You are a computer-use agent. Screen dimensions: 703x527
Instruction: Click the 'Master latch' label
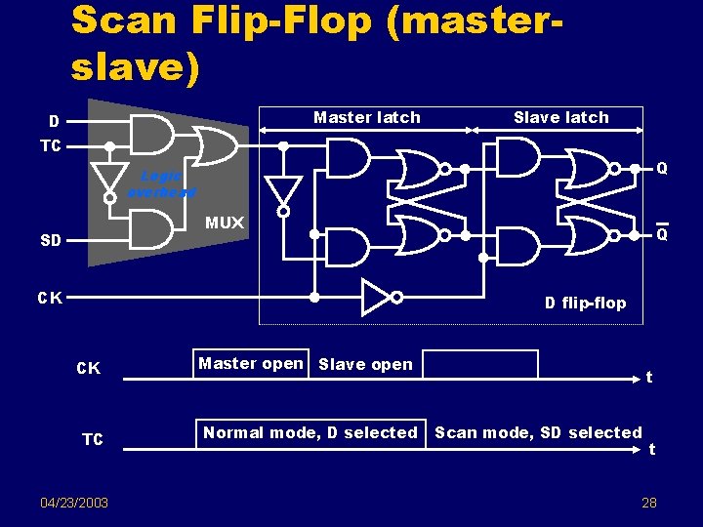pyautogui.click(x=366, y=117)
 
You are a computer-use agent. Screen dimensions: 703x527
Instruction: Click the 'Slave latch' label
pyautogui.click(x=560, y=117)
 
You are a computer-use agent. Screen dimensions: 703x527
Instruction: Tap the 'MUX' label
pyautogui.click(x=225, y=223)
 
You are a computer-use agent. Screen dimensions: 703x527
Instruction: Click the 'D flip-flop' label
pyautogui.click(x=585, y=303)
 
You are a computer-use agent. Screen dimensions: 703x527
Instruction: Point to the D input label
pyautogui.click(x=55, y=122)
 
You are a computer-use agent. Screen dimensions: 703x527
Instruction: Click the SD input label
pyautogui.click(x=51, y=240)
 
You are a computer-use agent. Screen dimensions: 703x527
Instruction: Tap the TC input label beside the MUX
pyautogui.click(x=51, y=146)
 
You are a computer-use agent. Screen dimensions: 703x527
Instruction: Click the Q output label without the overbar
pyautogui.click(x=662, y=169)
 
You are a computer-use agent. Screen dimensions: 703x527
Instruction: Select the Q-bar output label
pyautogui.click(x=662, y=234)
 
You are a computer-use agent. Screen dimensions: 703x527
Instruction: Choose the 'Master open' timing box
pyautogui.click(x=251, y=363)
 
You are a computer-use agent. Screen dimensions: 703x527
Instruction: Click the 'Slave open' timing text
pyautogui.click(x=366, y=364)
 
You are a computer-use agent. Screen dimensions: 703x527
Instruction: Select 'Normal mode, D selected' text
pyautogui.click(x=310, y=432)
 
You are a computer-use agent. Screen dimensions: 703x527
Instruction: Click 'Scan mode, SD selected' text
pyautogui.click(x=538, y=432)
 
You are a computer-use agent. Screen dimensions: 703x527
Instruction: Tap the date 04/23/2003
pyautogui.click(x=74, y=502)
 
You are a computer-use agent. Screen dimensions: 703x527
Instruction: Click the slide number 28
pyautogui.click(x=648, y=502)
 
